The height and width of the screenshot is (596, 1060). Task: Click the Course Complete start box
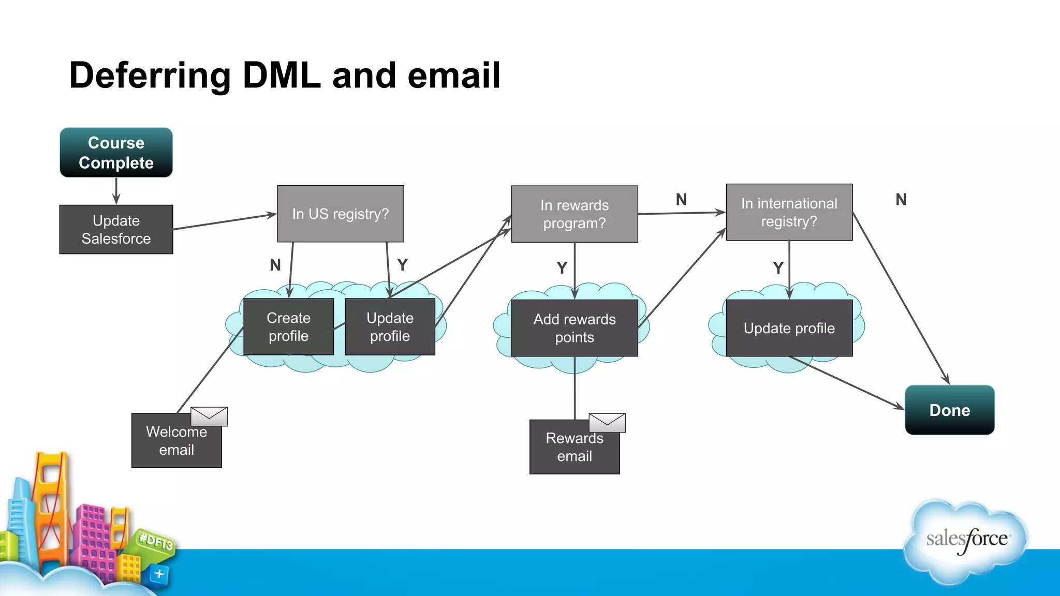coord(116,153)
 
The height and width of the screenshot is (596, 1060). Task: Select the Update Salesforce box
coord(116,229)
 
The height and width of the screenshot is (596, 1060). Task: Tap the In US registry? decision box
coord(340,214)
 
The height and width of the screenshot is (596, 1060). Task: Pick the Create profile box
coord(288,326)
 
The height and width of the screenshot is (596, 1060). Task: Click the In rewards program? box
coord(574,214)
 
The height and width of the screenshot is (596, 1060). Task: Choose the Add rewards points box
coord(574,328)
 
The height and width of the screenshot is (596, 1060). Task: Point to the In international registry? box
coord(789,212)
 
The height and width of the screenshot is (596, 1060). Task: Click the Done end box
coord(949,410)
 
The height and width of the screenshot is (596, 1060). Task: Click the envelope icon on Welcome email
coord(209,416)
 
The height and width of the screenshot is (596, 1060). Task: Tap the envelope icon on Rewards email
coord(607,423)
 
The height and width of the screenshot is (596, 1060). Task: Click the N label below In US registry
coord(275,265)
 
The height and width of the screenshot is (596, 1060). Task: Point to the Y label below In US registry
coord(403,265)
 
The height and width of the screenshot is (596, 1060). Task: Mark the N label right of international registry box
coord(901,200)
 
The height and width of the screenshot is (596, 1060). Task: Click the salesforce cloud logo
coord(966,541)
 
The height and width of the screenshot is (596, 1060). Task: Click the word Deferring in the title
coord(150,76)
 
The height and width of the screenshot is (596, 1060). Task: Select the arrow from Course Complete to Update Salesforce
coord(116,191)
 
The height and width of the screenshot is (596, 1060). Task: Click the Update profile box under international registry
coord(789,328)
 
